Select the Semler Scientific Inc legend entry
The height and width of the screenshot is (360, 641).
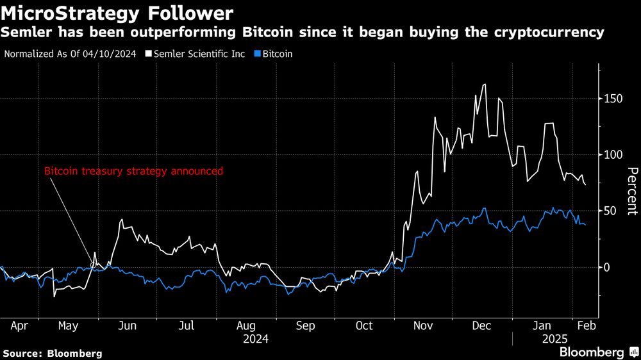coord(198,54)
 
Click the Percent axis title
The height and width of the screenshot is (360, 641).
coord(632,191)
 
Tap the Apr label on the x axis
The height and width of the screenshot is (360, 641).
coord(19,325)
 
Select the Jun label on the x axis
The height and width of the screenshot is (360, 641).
coord(128,325)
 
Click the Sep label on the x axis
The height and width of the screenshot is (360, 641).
coord(305,325)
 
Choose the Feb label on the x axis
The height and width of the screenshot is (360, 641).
coord(587,325)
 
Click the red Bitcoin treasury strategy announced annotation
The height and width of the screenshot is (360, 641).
coord(133,172)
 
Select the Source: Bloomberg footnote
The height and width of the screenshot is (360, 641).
coord(53,353)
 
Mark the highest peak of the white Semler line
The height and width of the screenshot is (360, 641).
coord(484,84)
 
